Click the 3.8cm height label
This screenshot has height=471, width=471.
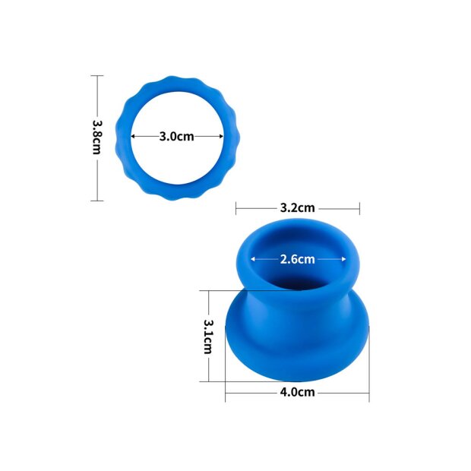point(96,138)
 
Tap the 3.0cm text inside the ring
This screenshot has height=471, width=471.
point(177,137)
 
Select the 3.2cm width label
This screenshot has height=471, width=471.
point(297,207)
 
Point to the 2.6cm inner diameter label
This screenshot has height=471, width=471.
point(297,259)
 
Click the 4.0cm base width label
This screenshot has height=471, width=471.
point(296,392)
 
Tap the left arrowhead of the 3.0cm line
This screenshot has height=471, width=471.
point(133,137)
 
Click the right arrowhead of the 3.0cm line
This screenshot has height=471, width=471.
point(223,137)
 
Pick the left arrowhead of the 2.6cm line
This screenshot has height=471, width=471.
point(253,259)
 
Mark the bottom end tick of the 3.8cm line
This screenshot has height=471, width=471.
point(96,201)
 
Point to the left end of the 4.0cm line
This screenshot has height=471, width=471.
point(226,392)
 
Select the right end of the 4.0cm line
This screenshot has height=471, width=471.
point(369,392)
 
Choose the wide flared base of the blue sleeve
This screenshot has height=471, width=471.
point(296,349)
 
